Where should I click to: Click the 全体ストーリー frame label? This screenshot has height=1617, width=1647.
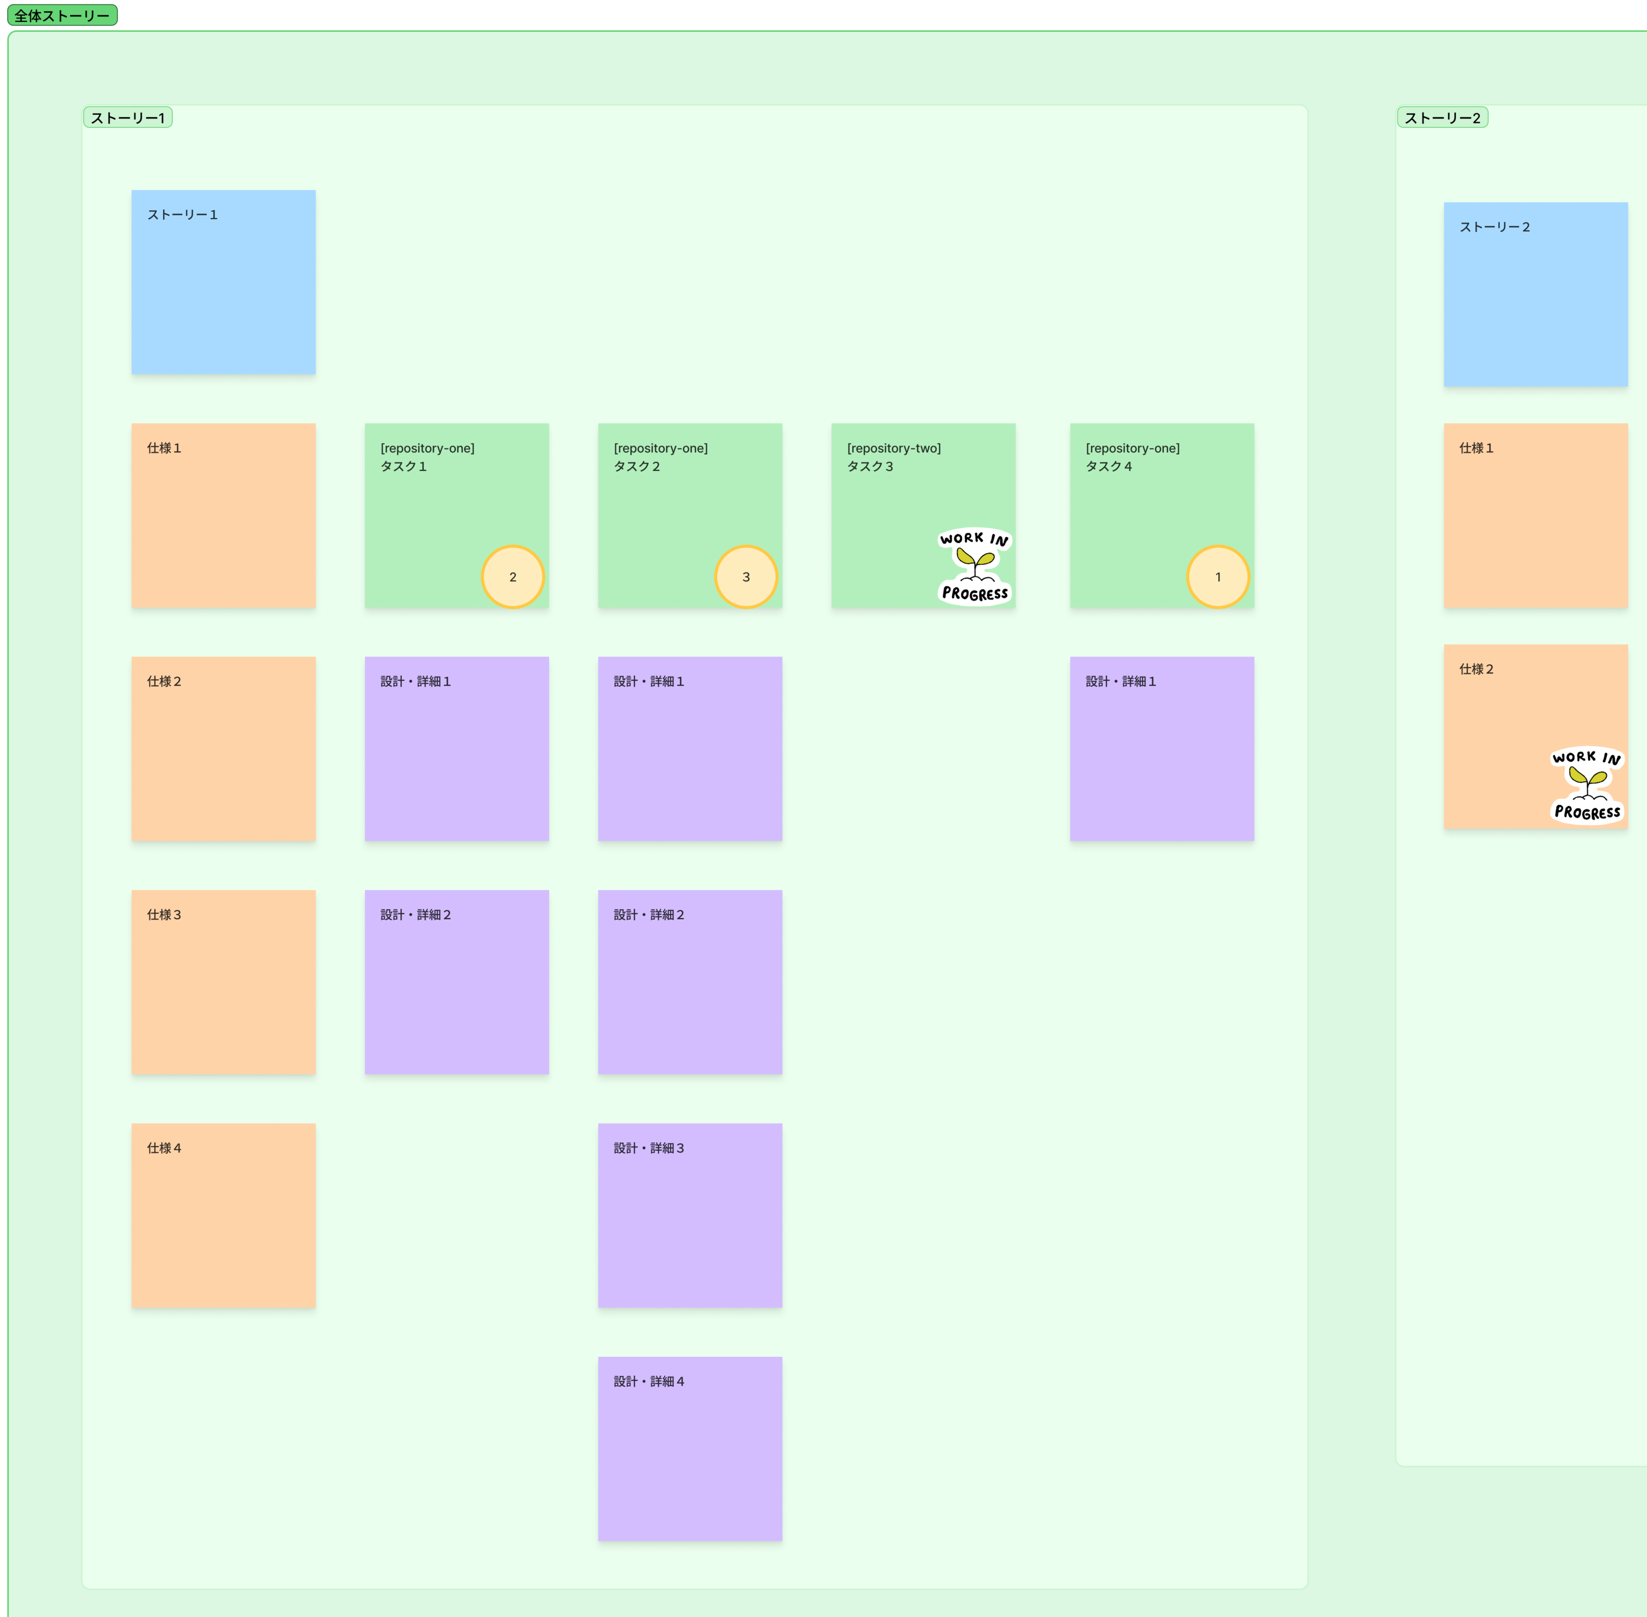(62, 15)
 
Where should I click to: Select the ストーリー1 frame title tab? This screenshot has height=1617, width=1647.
(127, 117)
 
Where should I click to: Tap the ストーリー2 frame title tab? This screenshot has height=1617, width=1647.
(1442, 117)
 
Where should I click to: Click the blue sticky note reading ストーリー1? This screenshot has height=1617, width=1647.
(223, 282)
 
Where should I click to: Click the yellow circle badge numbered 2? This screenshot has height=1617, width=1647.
(513, 577)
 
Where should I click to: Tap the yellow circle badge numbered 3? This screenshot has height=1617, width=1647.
(746, 577)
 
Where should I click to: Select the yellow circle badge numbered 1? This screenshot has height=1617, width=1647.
(1218, 577)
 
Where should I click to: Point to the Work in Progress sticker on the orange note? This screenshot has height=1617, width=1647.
(1588, 785)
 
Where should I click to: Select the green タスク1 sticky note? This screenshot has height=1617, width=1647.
(457, 516)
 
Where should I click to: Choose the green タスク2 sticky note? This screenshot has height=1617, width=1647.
(690, 516)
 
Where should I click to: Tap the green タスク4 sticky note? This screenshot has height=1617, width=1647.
(1162, 516)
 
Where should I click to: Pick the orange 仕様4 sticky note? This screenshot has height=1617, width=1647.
(223, 1215)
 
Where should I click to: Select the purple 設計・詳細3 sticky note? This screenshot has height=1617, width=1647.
(690, 1215)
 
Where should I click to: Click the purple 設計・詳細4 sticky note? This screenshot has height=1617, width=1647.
(690, 1449)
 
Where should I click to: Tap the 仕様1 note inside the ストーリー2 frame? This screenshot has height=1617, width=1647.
(1536, 516)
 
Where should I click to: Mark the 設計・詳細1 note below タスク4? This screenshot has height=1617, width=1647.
(1162, 749)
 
